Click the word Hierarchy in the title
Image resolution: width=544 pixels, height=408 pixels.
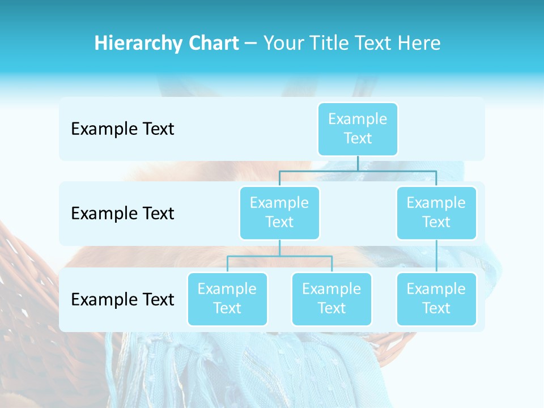(135, 44)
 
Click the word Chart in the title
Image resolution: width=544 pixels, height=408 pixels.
(212, 44)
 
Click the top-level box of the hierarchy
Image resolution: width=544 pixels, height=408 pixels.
(358, 129)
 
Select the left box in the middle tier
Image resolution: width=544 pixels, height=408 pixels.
(279, 212)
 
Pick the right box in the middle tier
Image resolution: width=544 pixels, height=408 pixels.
(436, 212)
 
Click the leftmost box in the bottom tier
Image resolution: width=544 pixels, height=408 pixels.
(227, 299)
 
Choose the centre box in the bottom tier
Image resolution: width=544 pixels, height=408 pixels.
(331, 299)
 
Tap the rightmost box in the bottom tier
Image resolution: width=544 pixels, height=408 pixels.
(436, 299)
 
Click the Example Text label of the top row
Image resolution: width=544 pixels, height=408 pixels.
(122, 129)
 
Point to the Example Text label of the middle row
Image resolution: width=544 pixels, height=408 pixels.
(122, 214)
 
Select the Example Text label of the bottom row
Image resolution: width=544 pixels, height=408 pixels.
(122, 299)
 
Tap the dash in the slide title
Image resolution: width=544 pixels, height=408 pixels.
(251, 44)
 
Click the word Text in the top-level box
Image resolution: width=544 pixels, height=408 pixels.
(358, 138)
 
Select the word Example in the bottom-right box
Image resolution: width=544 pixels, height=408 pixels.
(436, 289)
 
